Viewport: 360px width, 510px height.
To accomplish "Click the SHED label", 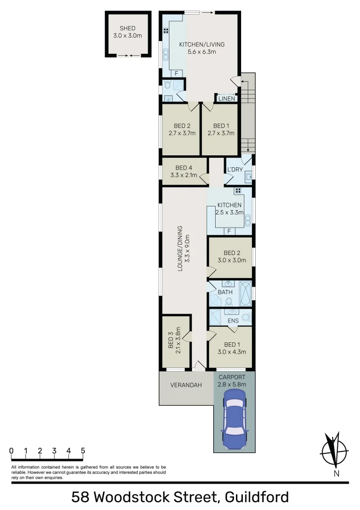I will tap(127, 28).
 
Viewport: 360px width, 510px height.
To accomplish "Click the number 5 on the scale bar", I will tap(83, 450).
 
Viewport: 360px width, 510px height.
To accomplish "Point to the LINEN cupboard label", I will tap(226, 99).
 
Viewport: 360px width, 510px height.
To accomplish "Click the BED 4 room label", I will tap(184, 168).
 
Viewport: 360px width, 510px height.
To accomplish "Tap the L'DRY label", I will tap(234, 170).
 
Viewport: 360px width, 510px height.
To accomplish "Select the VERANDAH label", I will tap(186, 385).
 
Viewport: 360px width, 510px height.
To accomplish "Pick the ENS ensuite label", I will tap(233, 321).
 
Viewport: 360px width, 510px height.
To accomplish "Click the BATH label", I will tap(225, 292).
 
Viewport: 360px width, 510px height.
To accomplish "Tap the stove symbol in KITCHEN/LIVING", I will tap(166, 31).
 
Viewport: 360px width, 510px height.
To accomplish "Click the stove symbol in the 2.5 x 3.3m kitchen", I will tap(238, 191).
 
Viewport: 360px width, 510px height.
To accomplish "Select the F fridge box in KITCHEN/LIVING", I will tap(176, 74).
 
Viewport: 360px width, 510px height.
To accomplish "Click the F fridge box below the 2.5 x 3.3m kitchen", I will tap(229, 231).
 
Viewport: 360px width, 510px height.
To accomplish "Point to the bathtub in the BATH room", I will tap(246, 293).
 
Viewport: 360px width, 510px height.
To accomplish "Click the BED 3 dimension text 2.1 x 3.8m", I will tap(178, 339).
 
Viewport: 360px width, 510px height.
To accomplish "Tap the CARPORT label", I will tap(232, 377).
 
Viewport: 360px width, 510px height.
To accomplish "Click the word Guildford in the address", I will tap(257, 497).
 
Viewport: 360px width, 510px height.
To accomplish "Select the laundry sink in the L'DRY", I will tap(248, 178).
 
